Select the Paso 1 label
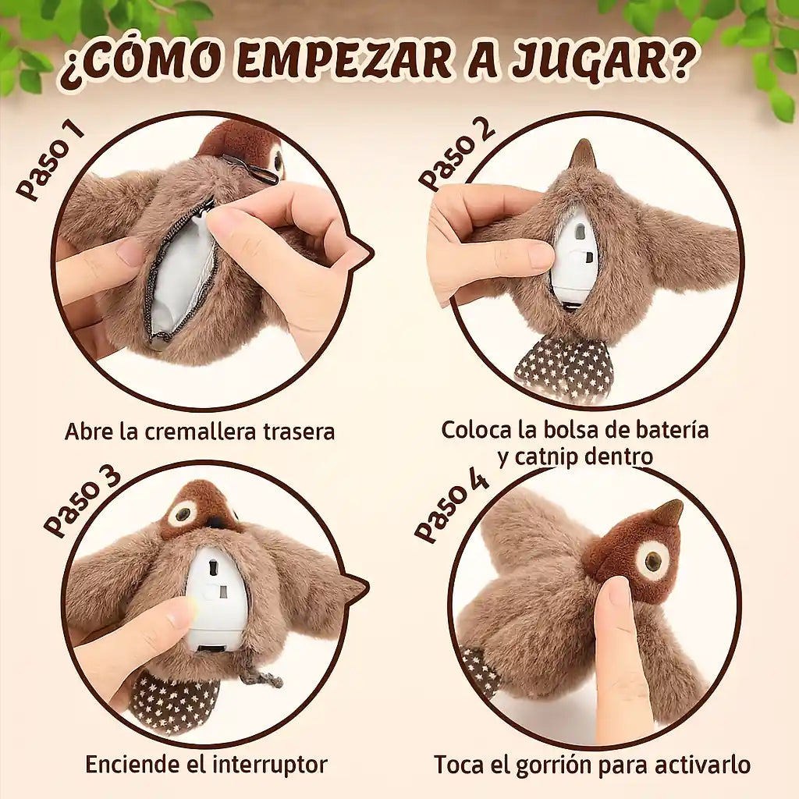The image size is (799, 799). coord(49,162)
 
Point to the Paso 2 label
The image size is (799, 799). coord(456,153)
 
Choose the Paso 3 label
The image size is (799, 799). coord(81,502)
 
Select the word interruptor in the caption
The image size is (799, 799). coord(269,765)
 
